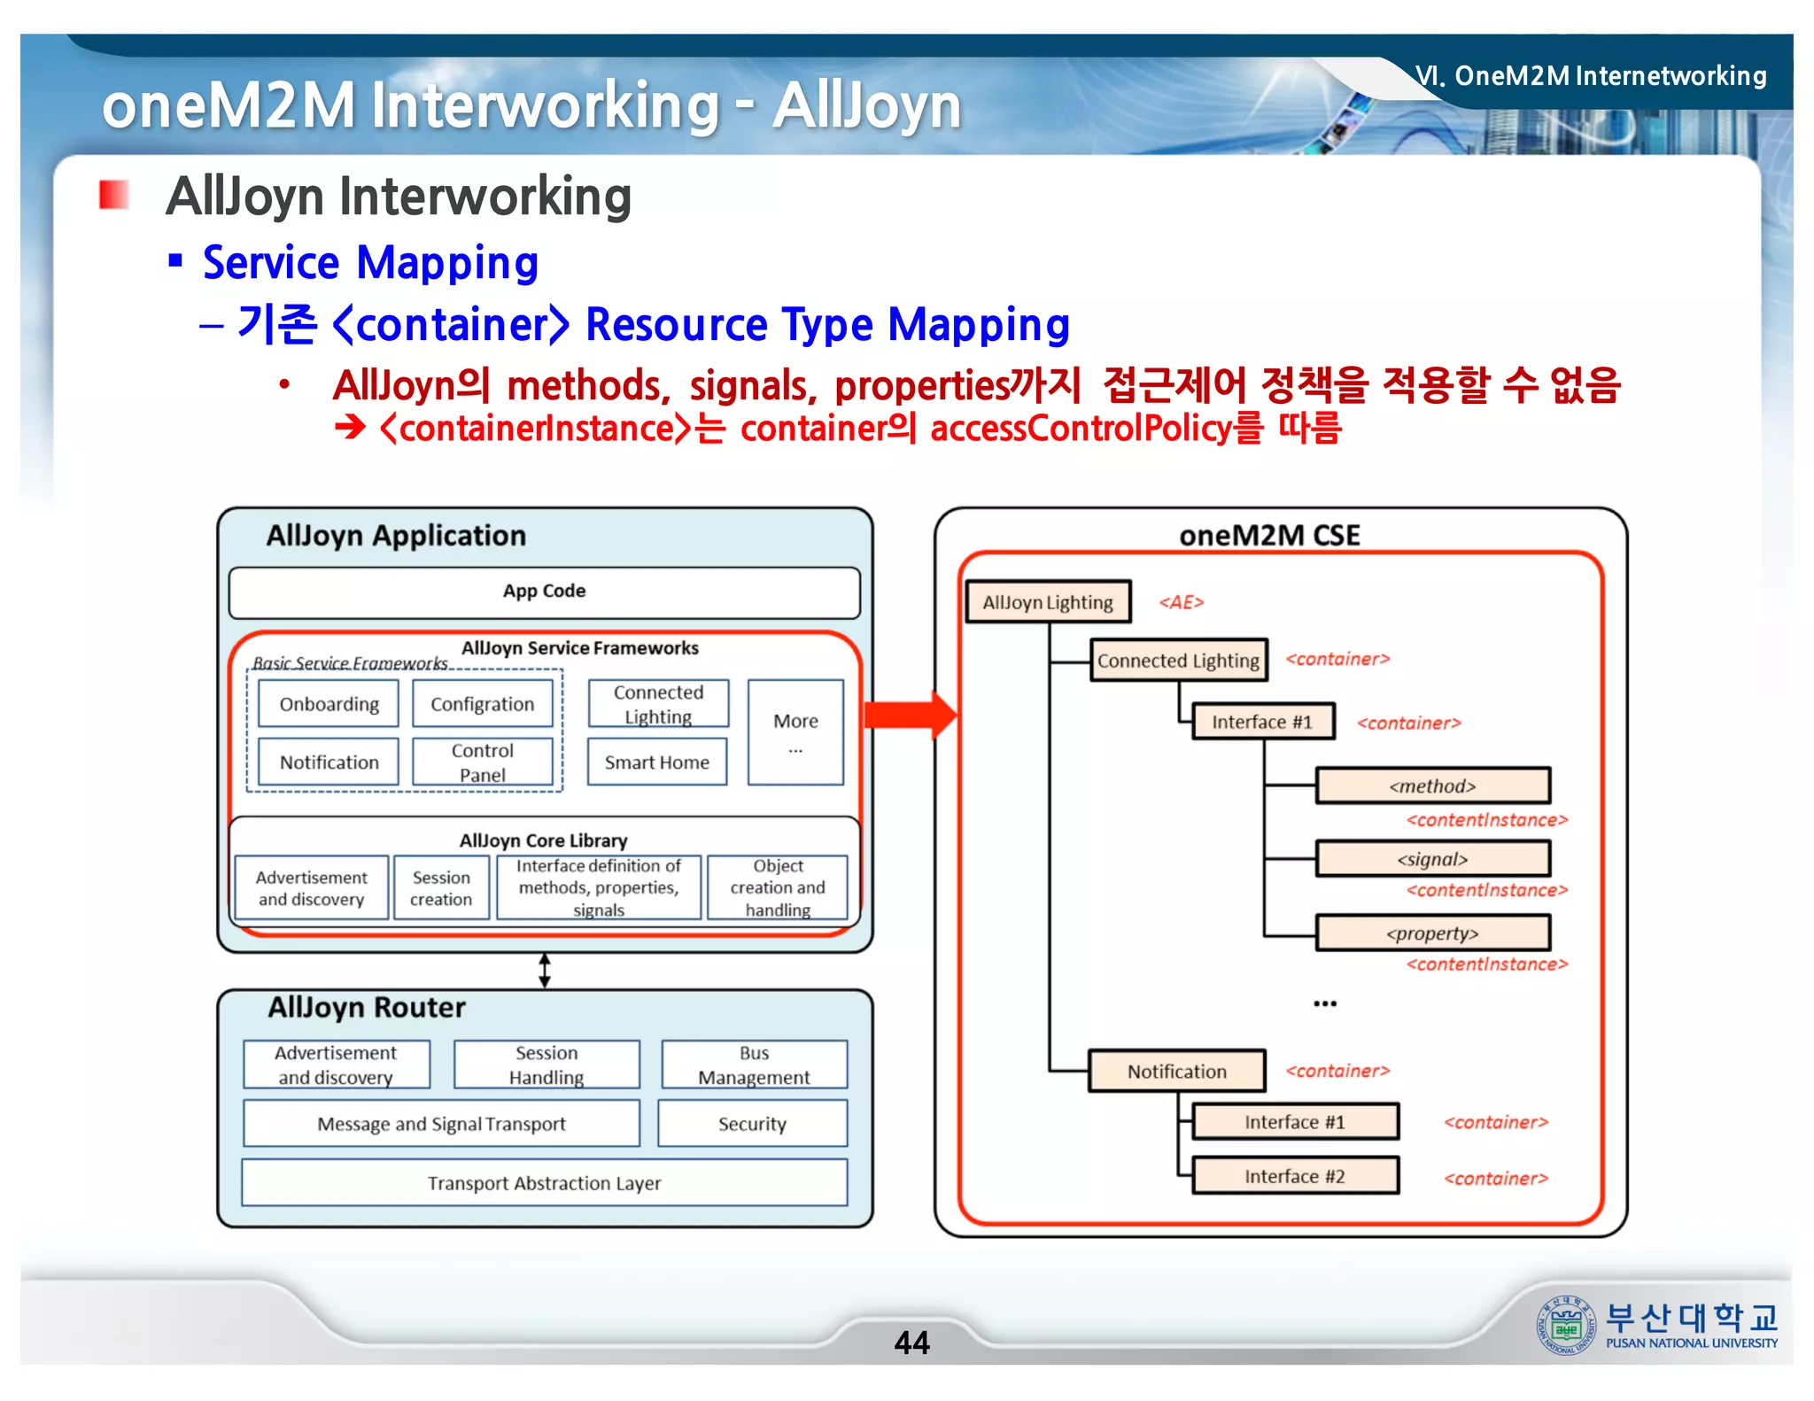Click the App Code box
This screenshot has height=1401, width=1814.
pos(544,592)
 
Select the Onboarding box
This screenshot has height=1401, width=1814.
pos(329,704)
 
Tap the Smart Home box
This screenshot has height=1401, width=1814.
pos(657,762)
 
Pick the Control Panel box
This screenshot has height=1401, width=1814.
pos(483,762)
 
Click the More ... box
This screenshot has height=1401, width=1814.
pos(795,732)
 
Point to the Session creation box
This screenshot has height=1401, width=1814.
pos(441,888)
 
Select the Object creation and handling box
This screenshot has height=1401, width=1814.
pos(778,888)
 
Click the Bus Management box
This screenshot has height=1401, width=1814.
pos(754,1064)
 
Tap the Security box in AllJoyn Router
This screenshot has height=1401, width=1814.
pos(752,1124)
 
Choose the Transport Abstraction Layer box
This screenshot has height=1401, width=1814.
pos(544,1183)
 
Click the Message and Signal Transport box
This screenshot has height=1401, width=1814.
pos(441,1124)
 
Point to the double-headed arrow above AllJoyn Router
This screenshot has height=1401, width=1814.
pos(545,971)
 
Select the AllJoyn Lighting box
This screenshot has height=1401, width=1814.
pos(1048,602)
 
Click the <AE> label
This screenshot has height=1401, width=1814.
pos(1182,602)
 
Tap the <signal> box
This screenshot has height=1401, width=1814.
pos(1432,859)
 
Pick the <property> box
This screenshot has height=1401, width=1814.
pos(1432,933)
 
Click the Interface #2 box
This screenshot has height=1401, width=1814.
pos(1295,1176)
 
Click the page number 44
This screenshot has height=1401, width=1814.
pos(911,1343)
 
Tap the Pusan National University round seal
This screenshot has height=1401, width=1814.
pos(1566,1326)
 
